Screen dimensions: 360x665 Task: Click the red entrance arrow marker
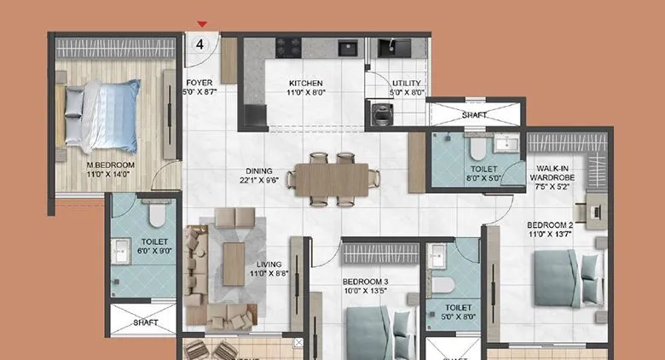[202, 25]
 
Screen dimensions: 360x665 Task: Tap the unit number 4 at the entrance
[200, 45]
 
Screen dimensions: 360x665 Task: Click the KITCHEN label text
[306, 83]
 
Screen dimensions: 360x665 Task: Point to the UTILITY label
[407, 83]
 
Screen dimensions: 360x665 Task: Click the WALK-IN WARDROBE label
[553, 174]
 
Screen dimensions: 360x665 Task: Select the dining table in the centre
[332, 179]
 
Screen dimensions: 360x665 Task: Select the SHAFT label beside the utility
[475, 114]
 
